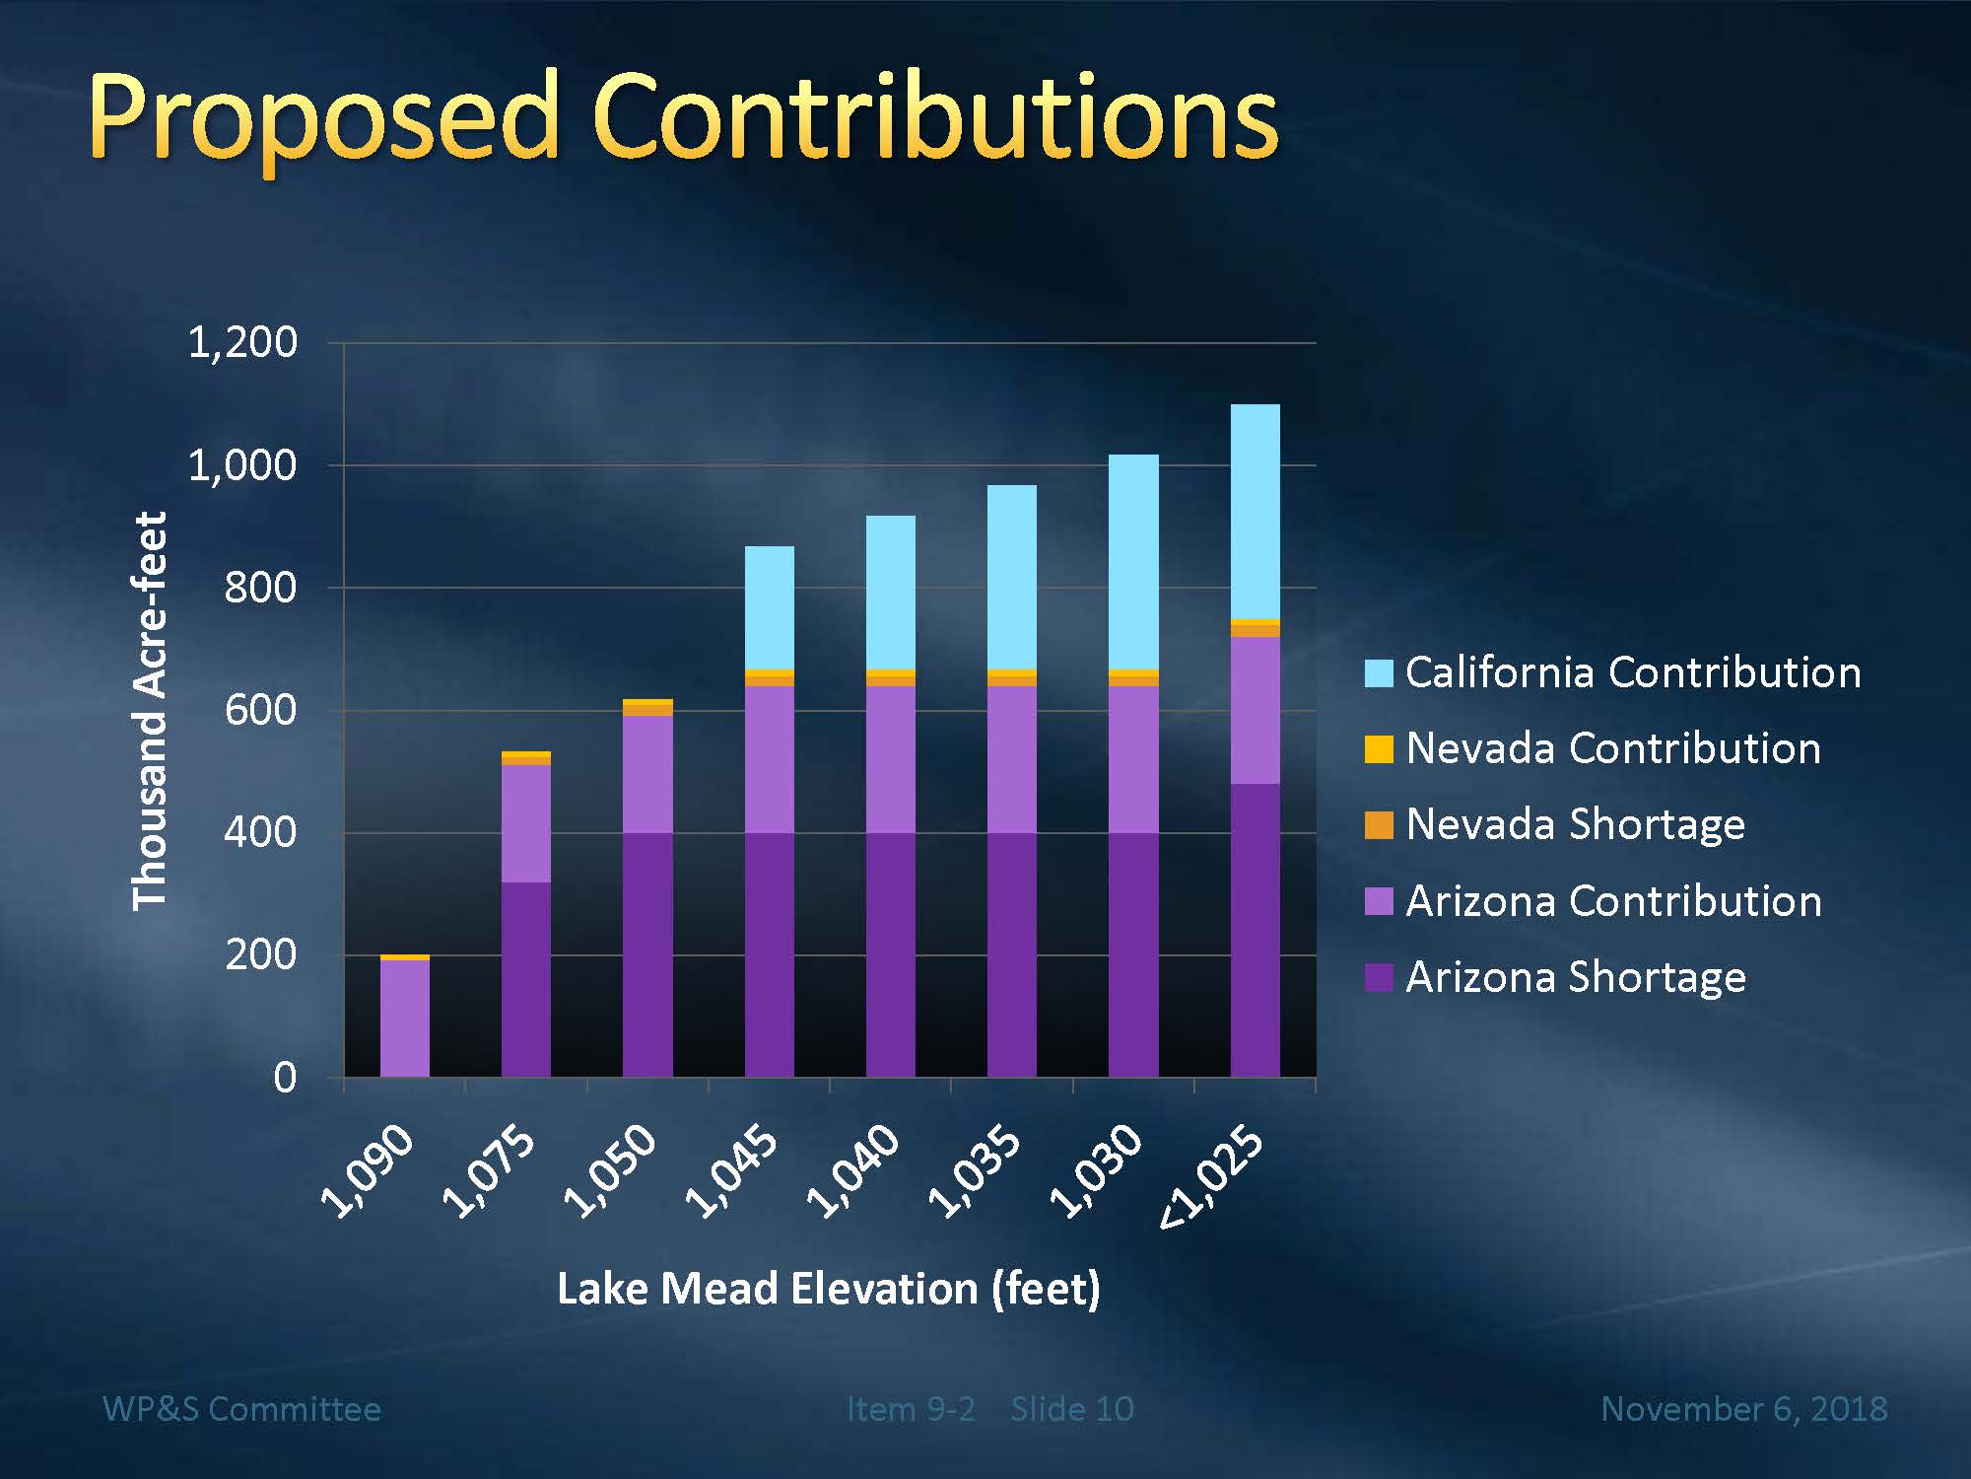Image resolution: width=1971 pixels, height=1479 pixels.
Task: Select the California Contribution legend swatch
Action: pos(1379,672)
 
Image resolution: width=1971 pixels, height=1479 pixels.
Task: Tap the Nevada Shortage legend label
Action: pos(1575,824)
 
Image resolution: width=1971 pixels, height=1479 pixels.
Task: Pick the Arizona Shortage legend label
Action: pos(1575,977)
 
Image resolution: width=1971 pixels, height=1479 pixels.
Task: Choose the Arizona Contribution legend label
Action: pos(1613,901)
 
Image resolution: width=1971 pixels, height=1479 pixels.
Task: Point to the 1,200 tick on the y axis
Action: pos(242,342)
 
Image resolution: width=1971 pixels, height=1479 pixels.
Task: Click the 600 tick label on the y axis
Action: pos(260,710)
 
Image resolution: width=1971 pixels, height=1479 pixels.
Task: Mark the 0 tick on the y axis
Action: pos(285,1078)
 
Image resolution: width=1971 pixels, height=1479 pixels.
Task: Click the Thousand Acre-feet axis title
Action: pos(150,710)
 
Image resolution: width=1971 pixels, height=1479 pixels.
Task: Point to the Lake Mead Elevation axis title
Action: pos(828,1289)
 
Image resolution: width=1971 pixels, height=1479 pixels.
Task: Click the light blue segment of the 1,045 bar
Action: pos(769,607)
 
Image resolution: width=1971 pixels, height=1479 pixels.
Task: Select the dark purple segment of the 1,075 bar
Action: pos(525,979)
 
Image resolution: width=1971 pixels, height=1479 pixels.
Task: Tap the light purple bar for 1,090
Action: pos(404,1018)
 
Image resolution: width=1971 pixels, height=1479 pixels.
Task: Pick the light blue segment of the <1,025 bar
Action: pos(1255,511)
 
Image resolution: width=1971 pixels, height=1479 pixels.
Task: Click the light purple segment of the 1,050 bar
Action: pos(647,774)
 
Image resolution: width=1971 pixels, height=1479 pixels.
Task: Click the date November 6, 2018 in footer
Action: pos(1743,1409)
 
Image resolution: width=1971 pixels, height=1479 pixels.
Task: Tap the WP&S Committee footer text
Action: pos(241,1409)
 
